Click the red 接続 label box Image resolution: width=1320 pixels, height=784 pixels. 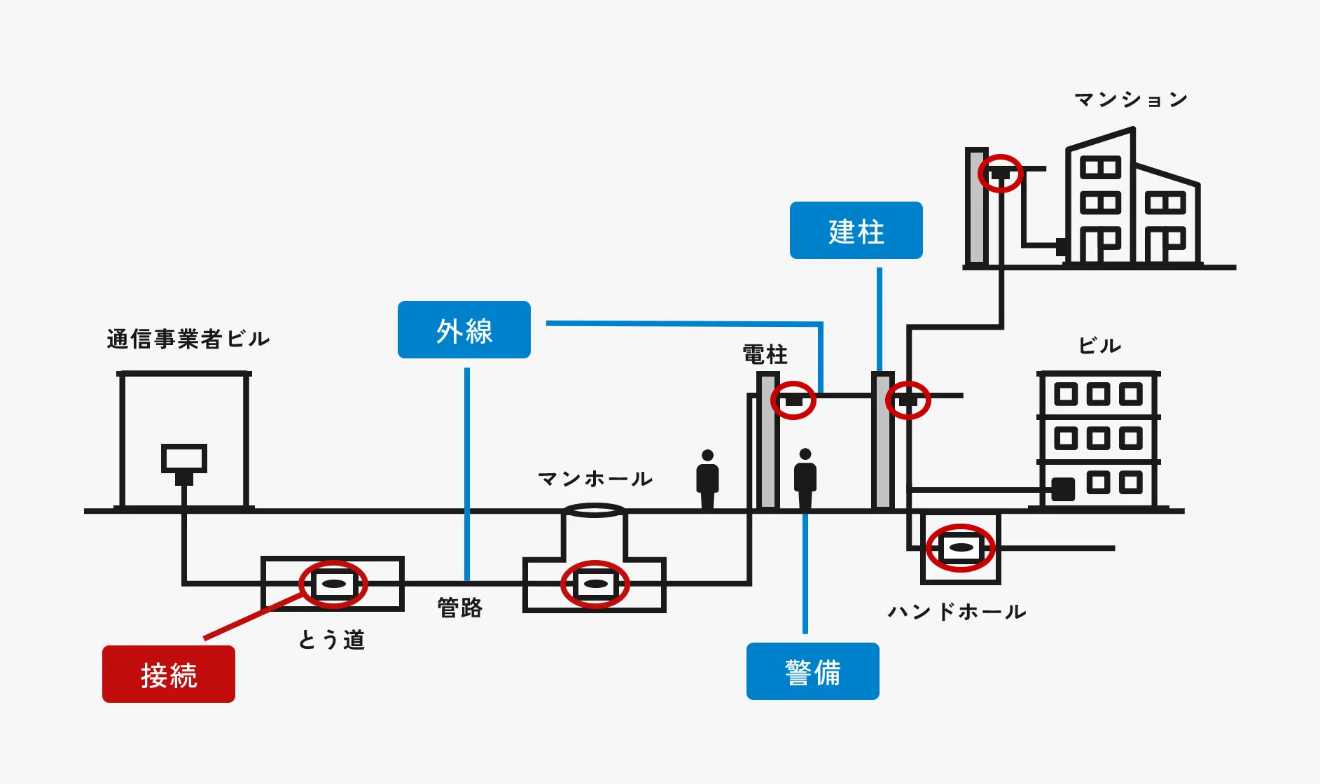[169, 674]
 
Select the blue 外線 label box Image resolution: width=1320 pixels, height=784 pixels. [464, 330]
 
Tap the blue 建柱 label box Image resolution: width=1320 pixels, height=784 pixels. [856, 231]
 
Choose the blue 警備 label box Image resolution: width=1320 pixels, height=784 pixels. [812, 671]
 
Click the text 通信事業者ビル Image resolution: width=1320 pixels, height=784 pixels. [188, 339]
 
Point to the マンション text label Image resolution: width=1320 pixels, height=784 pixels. [1131, 100]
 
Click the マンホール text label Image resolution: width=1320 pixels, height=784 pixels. [595, 479]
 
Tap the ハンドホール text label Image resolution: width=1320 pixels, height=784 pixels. [957, 612]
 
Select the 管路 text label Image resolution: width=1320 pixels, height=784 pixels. [460, 608]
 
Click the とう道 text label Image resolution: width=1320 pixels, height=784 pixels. [332, 640]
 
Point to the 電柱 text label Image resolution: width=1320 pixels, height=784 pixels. [765, 355]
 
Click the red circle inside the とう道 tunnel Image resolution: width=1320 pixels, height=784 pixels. [333, 584]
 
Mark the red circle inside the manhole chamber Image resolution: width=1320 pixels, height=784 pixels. [595, 584]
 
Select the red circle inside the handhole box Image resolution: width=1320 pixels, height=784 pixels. [961, 547]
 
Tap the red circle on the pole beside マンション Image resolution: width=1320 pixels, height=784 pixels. [1000, 173]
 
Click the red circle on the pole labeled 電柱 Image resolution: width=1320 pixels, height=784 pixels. [793, 400]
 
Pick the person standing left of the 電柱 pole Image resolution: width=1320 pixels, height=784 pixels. [707, 479]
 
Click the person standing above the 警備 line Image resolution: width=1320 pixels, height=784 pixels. [805, 479]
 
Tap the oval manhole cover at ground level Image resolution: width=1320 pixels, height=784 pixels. [595, 510]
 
